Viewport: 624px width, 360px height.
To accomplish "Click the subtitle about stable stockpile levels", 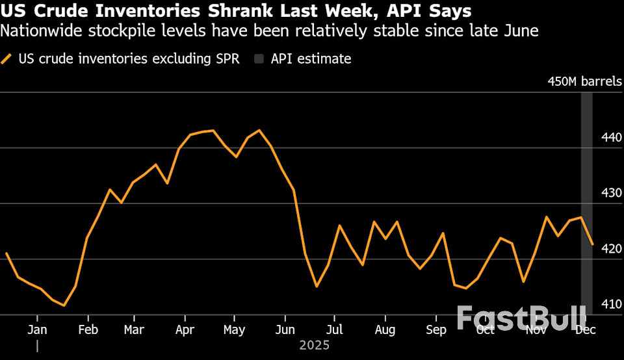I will [x=270, y=31].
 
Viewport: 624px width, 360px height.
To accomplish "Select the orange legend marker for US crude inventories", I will [x=7, y=59].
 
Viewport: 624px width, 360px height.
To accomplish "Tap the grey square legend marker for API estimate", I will [x=259, y=59].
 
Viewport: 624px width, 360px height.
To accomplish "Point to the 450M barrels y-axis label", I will [x=584, y=82].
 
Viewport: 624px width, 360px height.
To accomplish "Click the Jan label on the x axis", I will [x=37, y=329].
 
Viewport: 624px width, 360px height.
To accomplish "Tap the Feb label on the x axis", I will [x=88, y=329].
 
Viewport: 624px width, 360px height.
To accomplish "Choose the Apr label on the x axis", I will [x=185, y=329].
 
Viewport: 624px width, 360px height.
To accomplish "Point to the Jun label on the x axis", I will [x=285, y=329].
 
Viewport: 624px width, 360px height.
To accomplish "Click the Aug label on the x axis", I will [x=384, y=329].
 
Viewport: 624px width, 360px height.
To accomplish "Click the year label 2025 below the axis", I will [x=314, y=345].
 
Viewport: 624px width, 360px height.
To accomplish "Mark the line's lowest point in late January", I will [x=64, y=305].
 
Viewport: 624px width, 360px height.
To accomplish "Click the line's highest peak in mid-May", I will [x=259, y=131].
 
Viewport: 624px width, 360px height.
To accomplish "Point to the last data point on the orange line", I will [x=592, y=244].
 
